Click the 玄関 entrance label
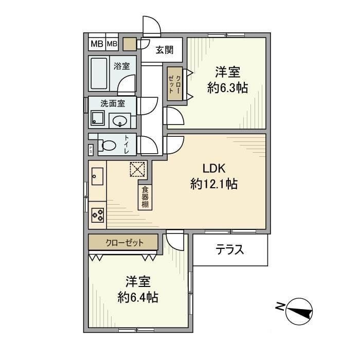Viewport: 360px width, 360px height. coord(165,50)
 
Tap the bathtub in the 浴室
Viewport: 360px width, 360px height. coord(99,73)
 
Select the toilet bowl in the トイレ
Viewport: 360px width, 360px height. coord(107,146)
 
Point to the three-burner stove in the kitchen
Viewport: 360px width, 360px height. coord(98,215)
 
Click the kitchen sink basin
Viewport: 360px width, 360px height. coord(97,176)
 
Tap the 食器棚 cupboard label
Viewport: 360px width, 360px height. coord(145,197)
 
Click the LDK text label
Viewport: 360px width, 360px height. coord(214,169)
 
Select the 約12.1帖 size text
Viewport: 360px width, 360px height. coord(214,184)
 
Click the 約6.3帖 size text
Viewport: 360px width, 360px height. coord(227,88)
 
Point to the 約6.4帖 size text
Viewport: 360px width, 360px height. coord(138,298)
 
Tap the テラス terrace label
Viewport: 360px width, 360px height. coord(229,249)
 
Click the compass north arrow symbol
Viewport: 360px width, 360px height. coord(299,312)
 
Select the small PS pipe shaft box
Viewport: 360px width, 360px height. coord(91,150)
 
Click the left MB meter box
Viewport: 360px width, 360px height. coord(97,44)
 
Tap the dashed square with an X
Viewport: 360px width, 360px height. coord(137,169)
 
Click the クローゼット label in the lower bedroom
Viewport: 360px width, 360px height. coord(124,242)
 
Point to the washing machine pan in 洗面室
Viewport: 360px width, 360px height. coord(98,118)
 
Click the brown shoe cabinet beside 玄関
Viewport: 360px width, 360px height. coord(130,44)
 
